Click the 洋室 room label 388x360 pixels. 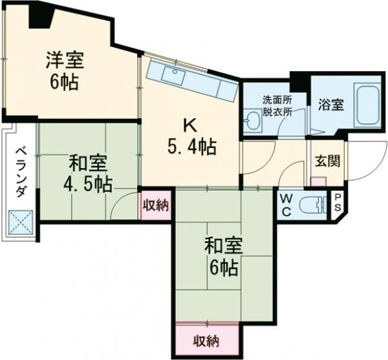[x=65, y=60]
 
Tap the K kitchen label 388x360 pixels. [x=190, y=125]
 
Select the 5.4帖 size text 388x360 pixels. [x=192, y=147]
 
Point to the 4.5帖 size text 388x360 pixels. [x=88, y=184]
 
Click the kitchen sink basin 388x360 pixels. [x=173, y=76]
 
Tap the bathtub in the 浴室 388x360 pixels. [x=367, y=105]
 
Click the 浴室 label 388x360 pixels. [x=331, y=105]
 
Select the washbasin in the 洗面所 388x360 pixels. [x=252, y=120]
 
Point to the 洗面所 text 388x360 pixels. [x=277, y=100]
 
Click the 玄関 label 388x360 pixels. [x=327, y=162]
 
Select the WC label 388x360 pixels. [x=286, y=205]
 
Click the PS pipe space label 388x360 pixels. [x=338, y=202]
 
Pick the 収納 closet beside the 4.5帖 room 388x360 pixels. [x=156, y=205]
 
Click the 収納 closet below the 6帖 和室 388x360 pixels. [x=206, y=341]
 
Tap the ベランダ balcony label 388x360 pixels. [x=21, y=172]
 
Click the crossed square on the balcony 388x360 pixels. [x=21, y=222]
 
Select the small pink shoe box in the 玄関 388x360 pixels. [x=318, y=181]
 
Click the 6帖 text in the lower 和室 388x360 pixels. [x=224, y=268]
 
